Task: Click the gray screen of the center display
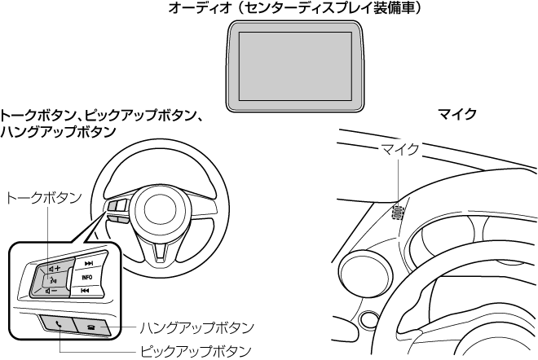coord(293,66)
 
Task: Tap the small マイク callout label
coord(399,149)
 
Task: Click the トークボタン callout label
coord(44,197)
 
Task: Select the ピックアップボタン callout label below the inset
coord(190,351)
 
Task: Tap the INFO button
coord(86,278)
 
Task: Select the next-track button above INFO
coord(88,264)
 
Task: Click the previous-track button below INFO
coord(86,291)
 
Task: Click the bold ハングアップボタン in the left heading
coord(58,130)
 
